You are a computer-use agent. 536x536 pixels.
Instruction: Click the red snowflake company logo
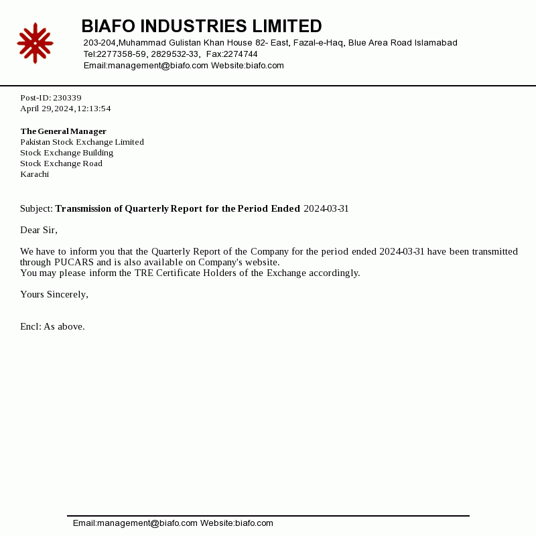click(35, 43)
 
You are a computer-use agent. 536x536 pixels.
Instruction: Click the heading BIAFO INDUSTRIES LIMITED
click(201, 26)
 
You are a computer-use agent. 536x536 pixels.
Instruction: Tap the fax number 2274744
click(241, 54)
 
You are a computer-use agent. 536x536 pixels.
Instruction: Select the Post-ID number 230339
click(67, 98)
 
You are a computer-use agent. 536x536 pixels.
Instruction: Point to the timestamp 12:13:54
click(94, 109)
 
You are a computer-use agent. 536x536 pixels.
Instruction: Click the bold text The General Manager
click(64, 131)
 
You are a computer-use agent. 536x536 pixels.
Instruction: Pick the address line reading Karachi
click(35, 174)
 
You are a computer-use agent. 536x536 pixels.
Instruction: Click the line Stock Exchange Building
click(66, 153)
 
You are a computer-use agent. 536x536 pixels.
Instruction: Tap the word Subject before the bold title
click(36, 208)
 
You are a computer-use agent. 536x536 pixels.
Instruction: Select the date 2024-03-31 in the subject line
click(326, 208)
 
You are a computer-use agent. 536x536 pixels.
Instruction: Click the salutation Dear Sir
click(38, 230)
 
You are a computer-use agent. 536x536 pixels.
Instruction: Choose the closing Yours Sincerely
click(54, 294)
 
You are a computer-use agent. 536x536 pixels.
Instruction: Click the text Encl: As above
click(52, 326)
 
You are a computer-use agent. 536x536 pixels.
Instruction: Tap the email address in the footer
click(135, 523)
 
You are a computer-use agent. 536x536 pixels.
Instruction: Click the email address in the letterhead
click(146, 66)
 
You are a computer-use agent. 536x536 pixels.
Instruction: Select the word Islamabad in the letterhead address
click(436, 43)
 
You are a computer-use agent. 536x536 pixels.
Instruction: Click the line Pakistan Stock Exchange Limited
click(82, 142)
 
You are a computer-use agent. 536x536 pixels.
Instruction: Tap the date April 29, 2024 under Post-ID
click(46, 109)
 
